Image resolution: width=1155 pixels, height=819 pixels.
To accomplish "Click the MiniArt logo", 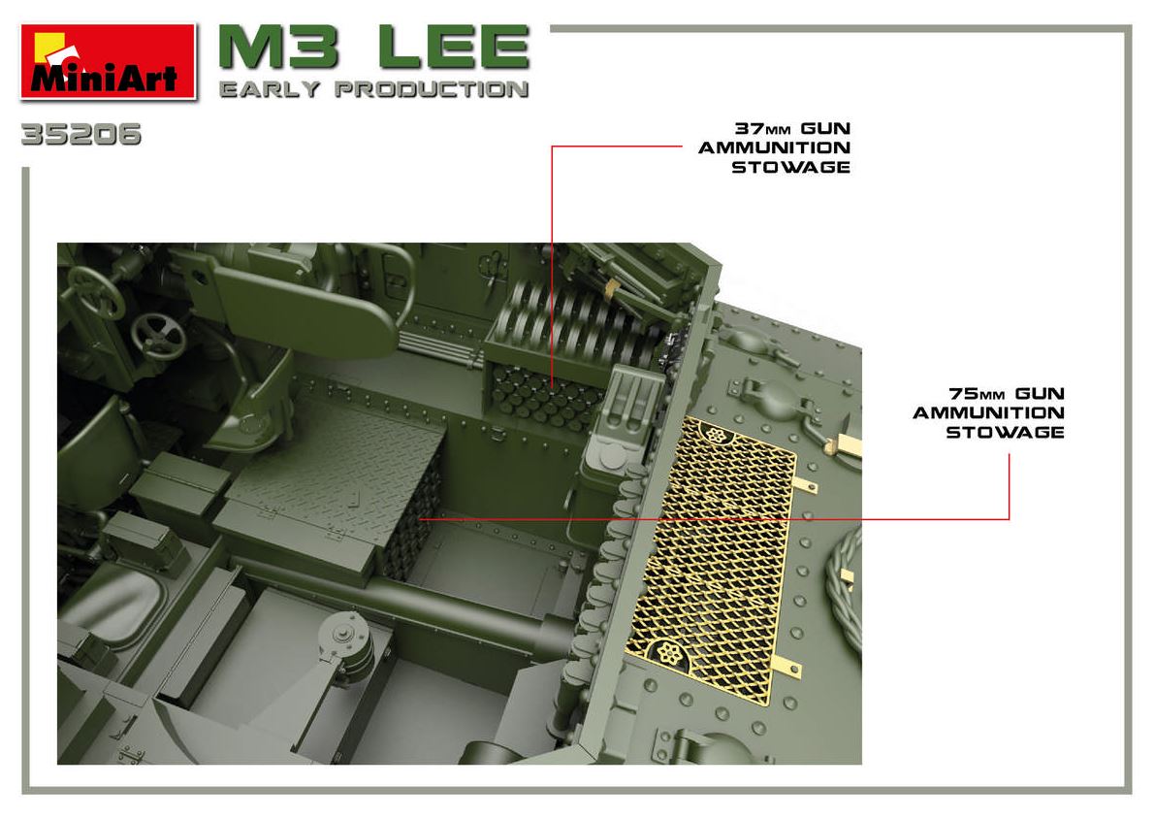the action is (x=109, y=62).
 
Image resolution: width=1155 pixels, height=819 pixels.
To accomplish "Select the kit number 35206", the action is (x=81, y=135).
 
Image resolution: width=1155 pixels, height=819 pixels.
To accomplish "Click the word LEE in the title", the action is (x=454, y=48).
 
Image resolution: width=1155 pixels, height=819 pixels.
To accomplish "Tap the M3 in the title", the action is (x=279, y=48).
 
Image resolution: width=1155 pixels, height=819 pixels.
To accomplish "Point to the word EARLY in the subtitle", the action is (x=270, y=90).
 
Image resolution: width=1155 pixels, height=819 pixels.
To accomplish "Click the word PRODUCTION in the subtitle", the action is (x=432, y=90).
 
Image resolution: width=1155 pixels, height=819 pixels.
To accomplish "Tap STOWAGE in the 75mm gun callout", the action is (x=1005, y=433).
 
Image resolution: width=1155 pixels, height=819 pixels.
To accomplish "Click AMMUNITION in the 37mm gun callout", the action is (x=774, y=148).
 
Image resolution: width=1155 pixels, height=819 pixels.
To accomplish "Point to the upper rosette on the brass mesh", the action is (x=716, y=434).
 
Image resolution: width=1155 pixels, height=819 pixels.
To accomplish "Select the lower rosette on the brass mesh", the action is (x=668, y=652).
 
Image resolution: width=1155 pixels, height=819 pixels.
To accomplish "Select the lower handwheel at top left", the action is (x=158, y=336).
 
